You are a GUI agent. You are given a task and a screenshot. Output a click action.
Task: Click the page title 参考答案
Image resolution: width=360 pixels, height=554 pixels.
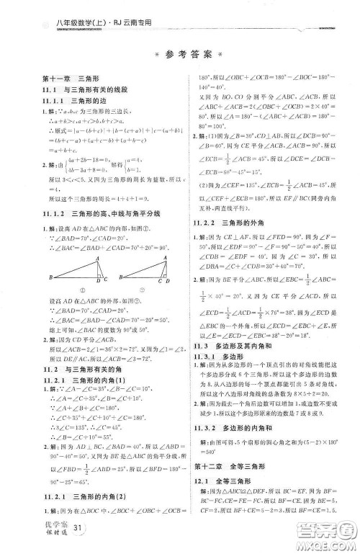[180, 55]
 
